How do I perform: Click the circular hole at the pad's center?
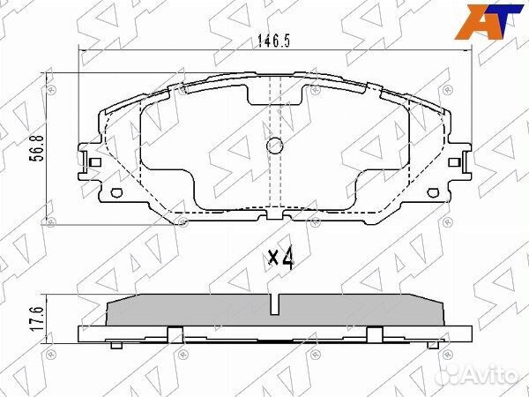pos(273,146)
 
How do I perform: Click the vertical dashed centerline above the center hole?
pos(273,110)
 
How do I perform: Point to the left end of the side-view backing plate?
pos(82,334)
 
